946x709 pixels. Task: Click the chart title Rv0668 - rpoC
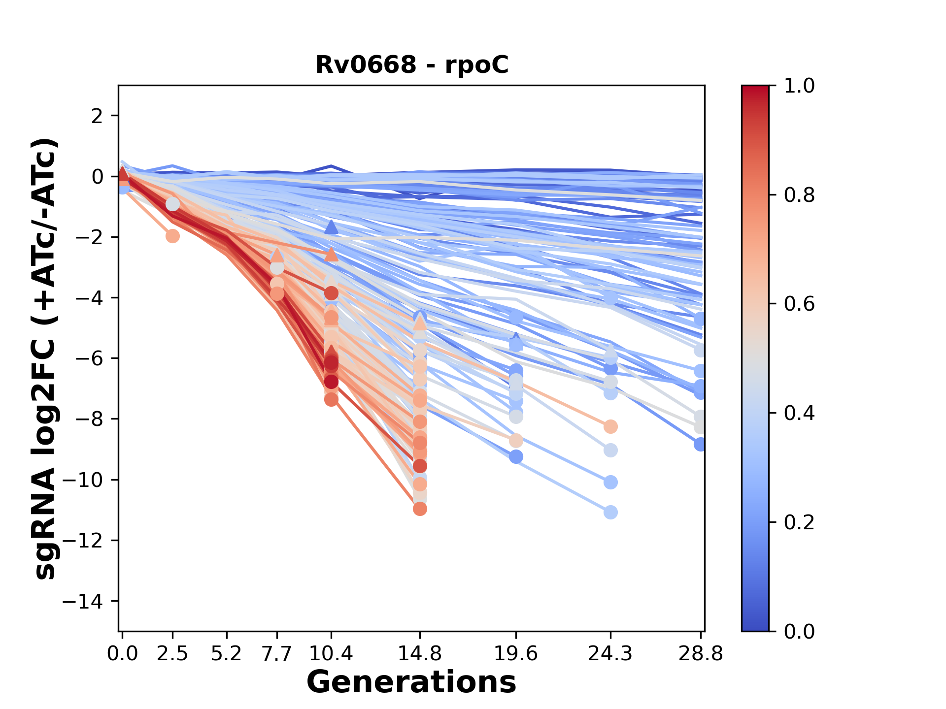(x=411, y=65)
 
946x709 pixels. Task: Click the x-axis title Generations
(x=411, y=682)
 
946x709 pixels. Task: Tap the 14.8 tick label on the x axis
(x=420, y=654)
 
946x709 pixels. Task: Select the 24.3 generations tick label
(x=610, y=654)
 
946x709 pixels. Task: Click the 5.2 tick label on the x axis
(x=227, y=654)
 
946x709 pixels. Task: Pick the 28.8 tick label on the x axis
(x=701, y=654)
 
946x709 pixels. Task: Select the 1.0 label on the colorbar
(x=799, y=86)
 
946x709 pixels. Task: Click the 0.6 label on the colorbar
(x=799, y=304)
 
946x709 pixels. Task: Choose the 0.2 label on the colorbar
(x=799, y=522)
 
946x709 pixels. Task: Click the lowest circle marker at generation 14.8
(x=420, y=509)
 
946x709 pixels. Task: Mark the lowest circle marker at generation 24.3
(x=610, y=513)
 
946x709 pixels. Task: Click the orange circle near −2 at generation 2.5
(x=172, y=236)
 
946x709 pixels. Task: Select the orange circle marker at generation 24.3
(x=610, y=426)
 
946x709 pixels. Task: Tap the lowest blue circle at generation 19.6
(x=516, y=457)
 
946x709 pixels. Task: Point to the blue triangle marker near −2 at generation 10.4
(x=331, y=227)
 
